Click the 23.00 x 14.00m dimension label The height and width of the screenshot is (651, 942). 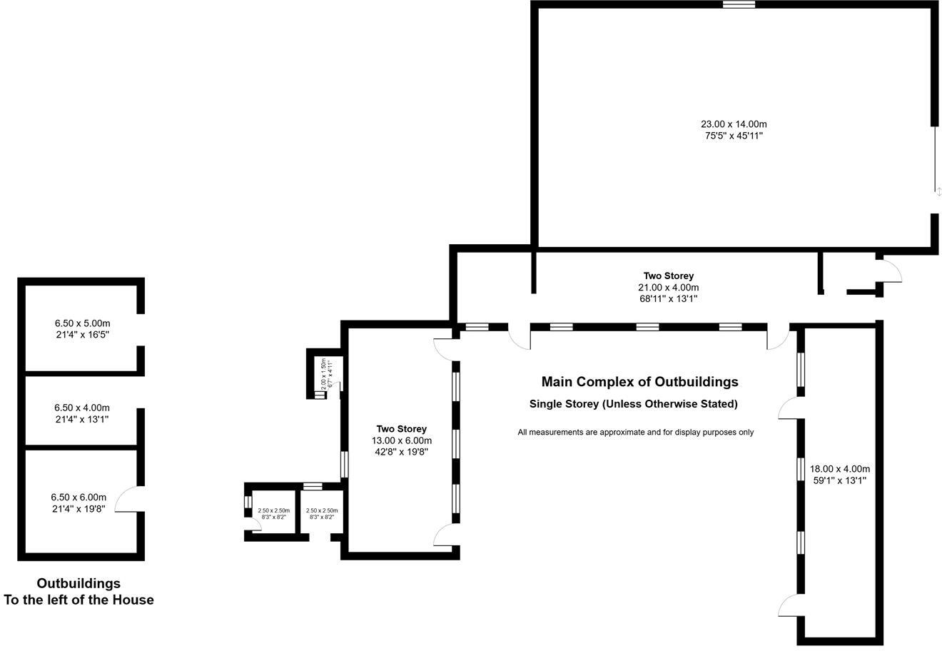click(734, 124)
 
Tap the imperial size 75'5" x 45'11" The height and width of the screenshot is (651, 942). click(734, 136)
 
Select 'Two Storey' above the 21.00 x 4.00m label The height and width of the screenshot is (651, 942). click(668, 276)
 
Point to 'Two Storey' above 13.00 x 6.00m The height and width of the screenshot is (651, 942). click(401, 429)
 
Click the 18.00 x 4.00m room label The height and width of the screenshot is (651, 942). click(839, 469)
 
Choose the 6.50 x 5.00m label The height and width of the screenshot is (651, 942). click(82, 323)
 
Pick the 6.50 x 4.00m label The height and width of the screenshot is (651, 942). click(81, 408)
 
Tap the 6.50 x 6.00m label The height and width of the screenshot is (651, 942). click(78, 498)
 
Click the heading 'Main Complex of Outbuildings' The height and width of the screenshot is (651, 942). click(639, 382)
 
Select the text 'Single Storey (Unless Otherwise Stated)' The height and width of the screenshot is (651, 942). click(633, 404)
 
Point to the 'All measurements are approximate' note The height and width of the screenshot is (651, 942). click(635, 432)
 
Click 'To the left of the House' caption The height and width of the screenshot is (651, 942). click(78, 600)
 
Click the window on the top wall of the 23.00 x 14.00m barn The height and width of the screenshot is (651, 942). click(739, 4)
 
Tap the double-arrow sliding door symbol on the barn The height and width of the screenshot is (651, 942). click(939, 191)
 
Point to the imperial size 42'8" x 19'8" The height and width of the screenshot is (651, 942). click(401, 452)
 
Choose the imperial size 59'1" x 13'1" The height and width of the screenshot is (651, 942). click(839, 480)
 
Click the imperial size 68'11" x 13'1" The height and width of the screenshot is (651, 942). click(668, 299)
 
